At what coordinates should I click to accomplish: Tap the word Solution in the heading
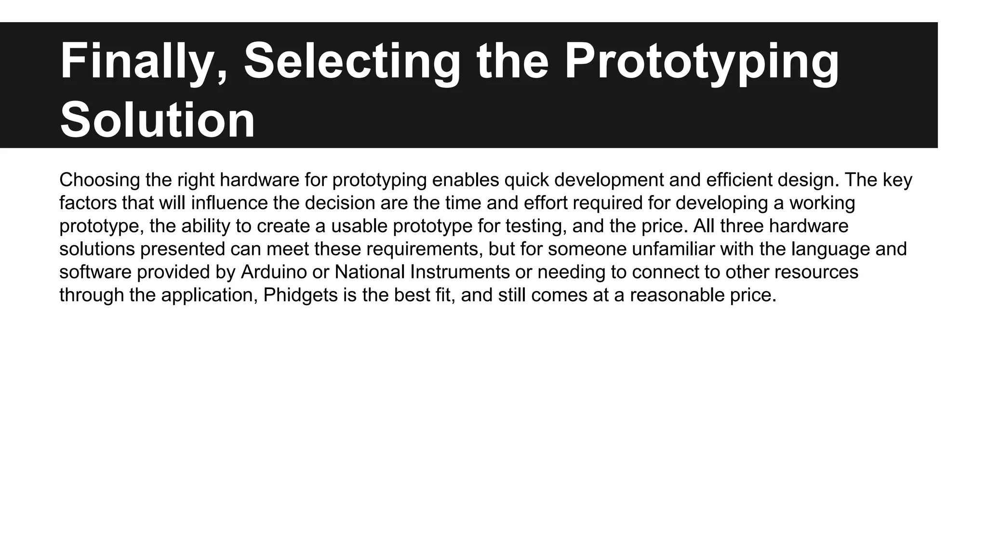click(x=157, y=120)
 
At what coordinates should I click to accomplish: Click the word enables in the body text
click(x=466, y=180)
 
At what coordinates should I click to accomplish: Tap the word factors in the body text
click(x=88, y=203)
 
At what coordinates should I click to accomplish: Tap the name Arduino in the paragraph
click(x=273, y=272)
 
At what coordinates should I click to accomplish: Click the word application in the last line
click(x=210, y=295)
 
